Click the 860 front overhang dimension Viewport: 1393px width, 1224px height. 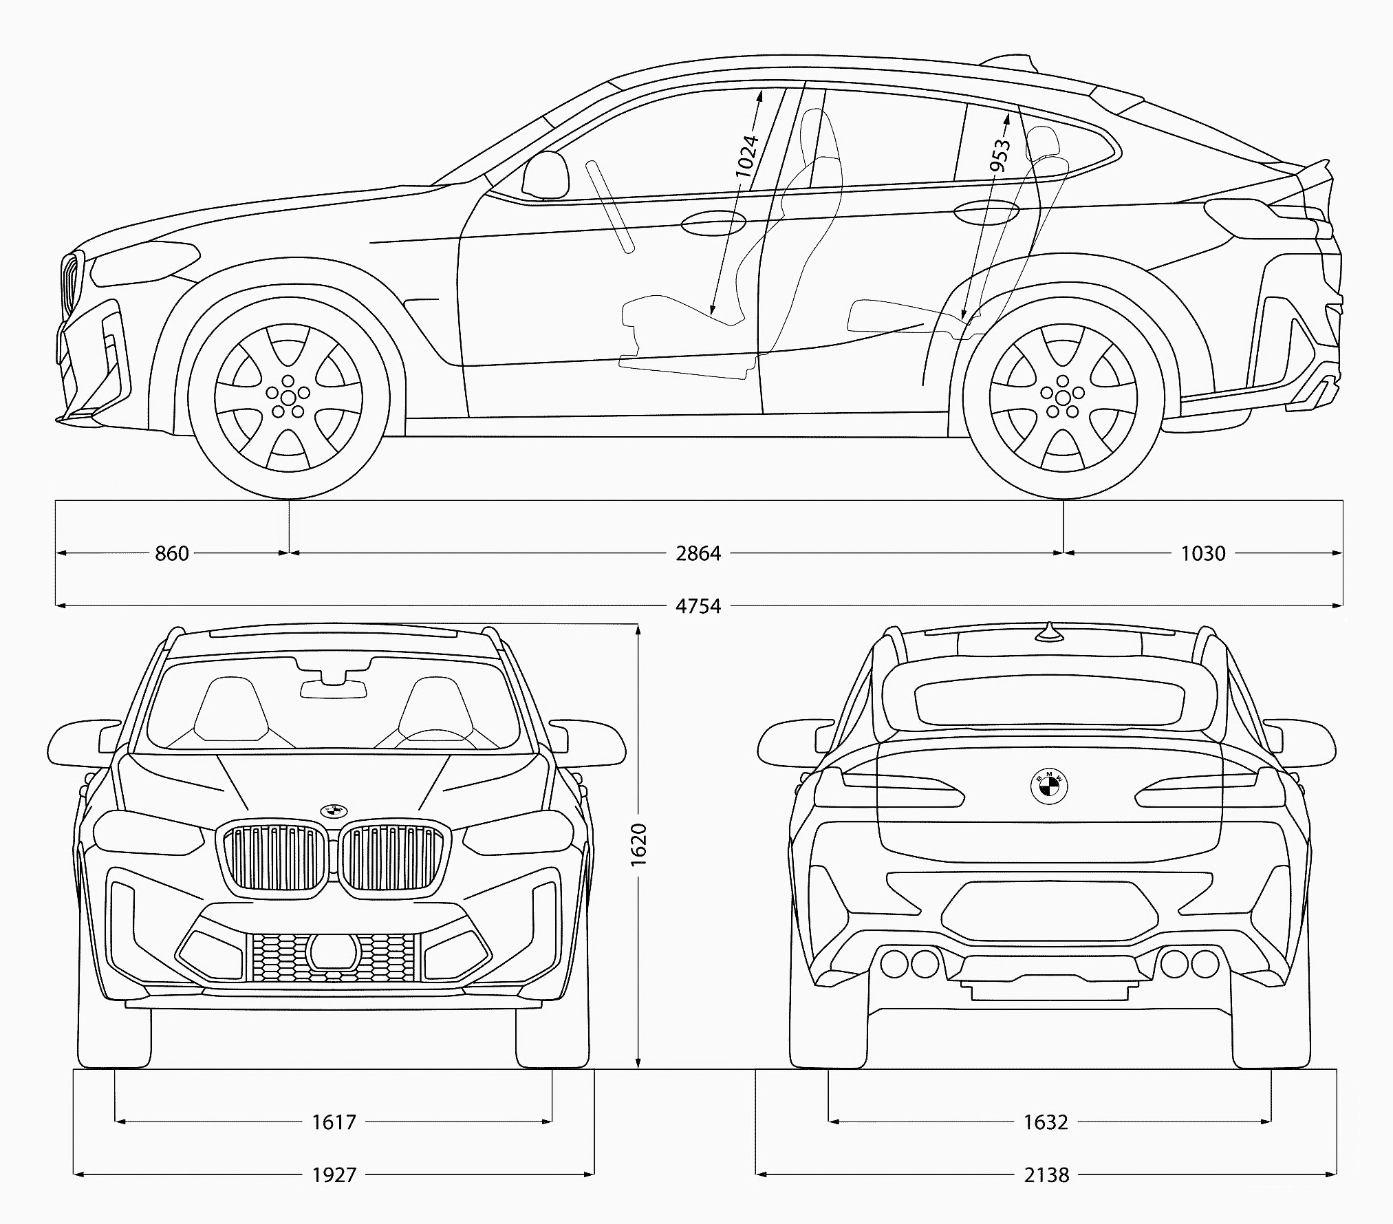(x=171, y=553)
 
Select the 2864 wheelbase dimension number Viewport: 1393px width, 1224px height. (x=698, y=553)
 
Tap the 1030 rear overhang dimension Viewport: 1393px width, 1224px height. (x=1203, y=553)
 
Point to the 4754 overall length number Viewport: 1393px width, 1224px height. (x=698, y=606)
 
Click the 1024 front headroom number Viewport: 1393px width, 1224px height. (x=747, y=157)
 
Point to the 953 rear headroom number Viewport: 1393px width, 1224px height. (x=1000, y=156)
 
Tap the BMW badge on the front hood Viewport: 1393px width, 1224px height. (x=334, y=810)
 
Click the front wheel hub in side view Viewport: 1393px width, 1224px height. (x=288, y=396)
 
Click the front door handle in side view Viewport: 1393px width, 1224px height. (x=713, y=222)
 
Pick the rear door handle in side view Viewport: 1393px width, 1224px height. (x=986, y=213)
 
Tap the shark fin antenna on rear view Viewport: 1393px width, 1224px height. (x=1048, y=632)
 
